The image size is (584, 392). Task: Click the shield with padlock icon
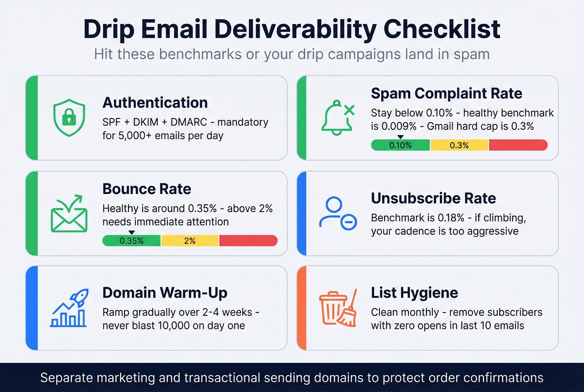tap(69, 117)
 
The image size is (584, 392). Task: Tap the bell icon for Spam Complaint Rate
tap(337, 118)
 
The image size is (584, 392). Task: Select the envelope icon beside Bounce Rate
tap(69, 213)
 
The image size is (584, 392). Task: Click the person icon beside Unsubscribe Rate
tap(337, 213)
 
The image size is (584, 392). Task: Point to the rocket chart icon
tap(69, 309)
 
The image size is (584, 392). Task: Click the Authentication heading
tap(155, 103)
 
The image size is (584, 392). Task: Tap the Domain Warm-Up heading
tap(165, 293)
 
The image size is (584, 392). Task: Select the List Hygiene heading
tap(414, 293)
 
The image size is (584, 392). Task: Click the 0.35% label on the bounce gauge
tap(131, 241)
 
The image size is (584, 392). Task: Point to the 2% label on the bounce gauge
tap(190, 241)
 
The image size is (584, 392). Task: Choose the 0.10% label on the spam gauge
tap(400, 145)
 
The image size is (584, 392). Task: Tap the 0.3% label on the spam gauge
tap(459, 145)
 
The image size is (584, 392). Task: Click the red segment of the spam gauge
tap(518, 145)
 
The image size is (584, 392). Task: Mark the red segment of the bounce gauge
tap(248, 240)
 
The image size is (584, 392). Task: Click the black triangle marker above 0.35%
tap(131, 233)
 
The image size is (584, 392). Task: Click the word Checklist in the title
tap(442, 29)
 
